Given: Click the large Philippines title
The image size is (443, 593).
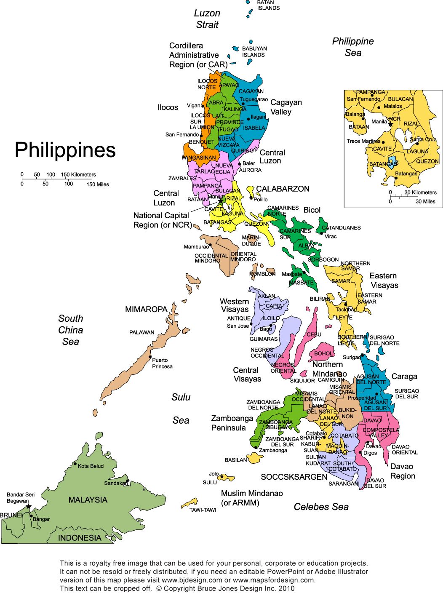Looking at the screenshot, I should click(65, 150).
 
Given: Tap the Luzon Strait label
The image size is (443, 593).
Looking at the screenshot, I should click(207, 19).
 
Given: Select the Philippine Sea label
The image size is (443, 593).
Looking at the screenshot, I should click(353, 47).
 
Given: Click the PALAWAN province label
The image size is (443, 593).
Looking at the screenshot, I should click(141, 332).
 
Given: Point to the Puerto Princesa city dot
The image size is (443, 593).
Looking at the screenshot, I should click(150, 357).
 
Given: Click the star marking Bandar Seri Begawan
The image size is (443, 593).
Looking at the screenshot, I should click(29, 506).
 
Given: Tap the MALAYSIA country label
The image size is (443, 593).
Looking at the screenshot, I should click(88, 500).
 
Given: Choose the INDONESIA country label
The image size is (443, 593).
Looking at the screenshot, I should click(80, 538).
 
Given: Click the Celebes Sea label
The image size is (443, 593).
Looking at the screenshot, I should click(321, 507).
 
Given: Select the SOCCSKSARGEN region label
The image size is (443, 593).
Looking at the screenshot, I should click(294, 477).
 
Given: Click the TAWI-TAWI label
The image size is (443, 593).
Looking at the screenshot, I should click(203, 510).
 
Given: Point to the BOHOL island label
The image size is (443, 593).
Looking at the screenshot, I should click(323, 353).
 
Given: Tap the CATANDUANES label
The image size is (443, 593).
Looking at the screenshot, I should click(341, 228).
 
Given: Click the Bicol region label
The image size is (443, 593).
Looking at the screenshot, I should click(312, 210).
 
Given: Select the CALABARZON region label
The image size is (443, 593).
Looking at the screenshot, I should click(283, 189).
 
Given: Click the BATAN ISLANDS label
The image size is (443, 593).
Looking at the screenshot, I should click(268, 5).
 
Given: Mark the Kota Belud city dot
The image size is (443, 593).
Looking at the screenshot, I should click(75, 464).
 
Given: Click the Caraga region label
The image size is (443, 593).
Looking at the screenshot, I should click(404, 376).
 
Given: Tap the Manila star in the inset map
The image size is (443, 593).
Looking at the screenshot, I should click(390, 124).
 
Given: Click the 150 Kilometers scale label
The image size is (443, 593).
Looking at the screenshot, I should click(78, 174).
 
